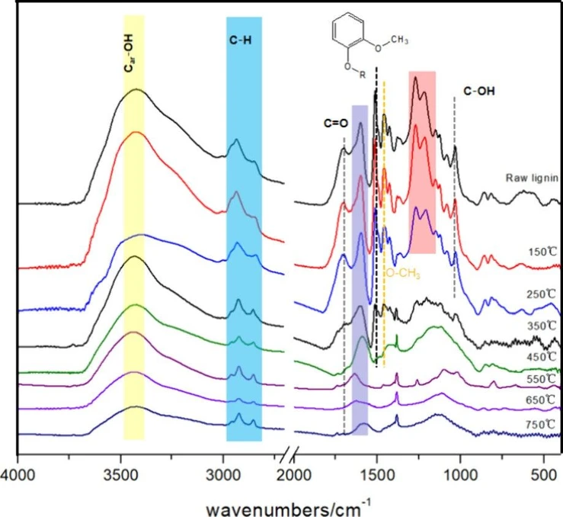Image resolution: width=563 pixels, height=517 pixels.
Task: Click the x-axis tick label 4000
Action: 18,473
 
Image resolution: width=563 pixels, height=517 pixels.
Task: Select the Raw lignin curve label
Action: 533,178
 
